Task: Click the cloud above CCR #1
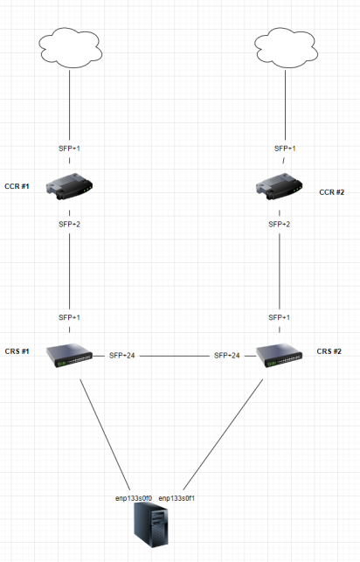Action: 68,45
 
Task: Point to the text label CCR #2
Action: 334,191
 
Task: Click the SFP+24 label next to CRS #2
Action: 227,356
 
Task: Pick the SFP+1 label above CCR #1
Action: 70,149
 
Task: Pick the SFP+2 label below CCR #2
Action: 280,224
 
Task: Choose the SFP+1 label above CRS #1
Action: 70,317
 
